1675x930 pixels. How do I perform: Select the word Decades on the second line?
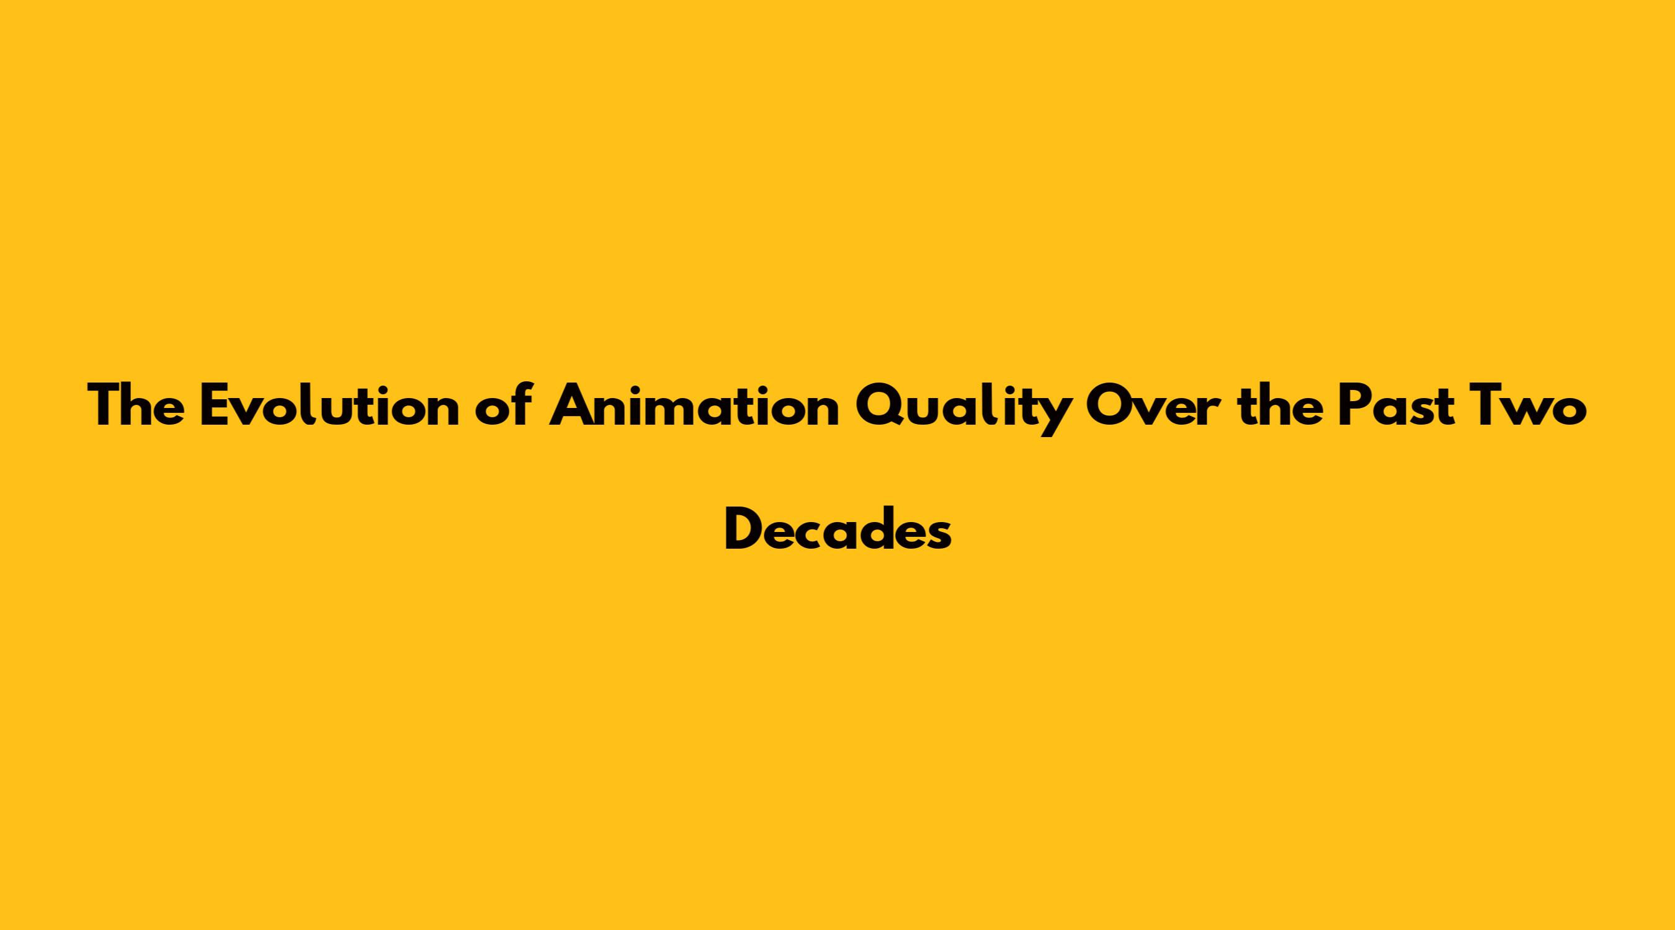point(838,527)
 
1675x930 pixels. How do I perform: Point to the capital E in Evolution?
point(215,405)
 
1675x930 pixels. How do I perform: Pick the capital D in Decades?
point(745,528)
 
